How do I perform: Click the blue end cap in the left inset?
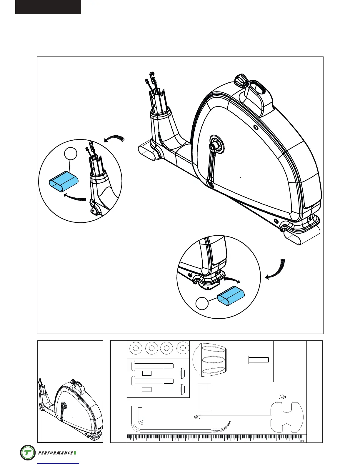pos(64,182)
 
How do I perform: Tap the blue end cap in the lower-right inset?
pos(231,296)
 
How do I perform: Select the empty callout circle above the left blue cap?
pos(71,154)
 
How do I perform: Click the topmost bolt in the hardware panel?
pos(152,366)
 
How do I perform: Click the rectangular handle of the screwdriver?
pos(204,397)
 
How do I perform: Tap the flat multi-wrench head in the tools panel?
pos(287,417)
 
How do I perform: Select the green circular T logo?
pos(28,452)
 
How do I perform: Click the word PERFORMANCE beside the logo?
pos(55,453)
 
